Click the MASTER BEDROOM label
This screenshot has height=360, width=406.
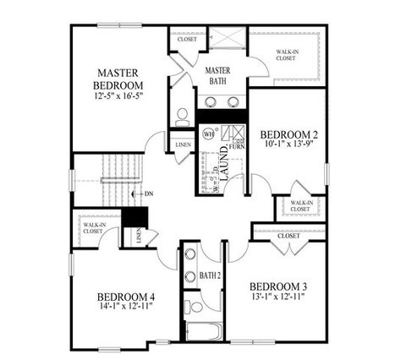coord(118,79)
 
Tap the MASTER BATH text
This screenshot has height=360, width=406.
coord(218,75)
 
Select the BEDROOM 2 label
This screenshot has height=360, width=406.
coord(288,134)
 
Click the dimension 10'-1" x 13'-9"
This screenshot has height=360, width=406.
coord(288,146)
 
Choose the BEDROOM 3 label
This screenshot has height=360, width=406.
coord(278,286)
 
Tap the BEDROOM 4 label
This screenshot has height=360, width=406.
coord(126,297)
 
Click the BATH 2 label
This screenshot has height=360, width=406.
coord(211,275)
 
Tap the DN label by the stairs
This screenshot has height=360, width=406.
coord(150,194)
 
